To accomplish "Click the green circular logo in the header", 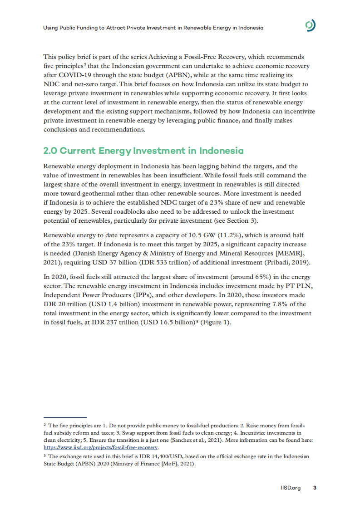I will pos(311,26).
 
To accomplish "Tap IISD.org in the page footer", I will pos(291,488).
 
